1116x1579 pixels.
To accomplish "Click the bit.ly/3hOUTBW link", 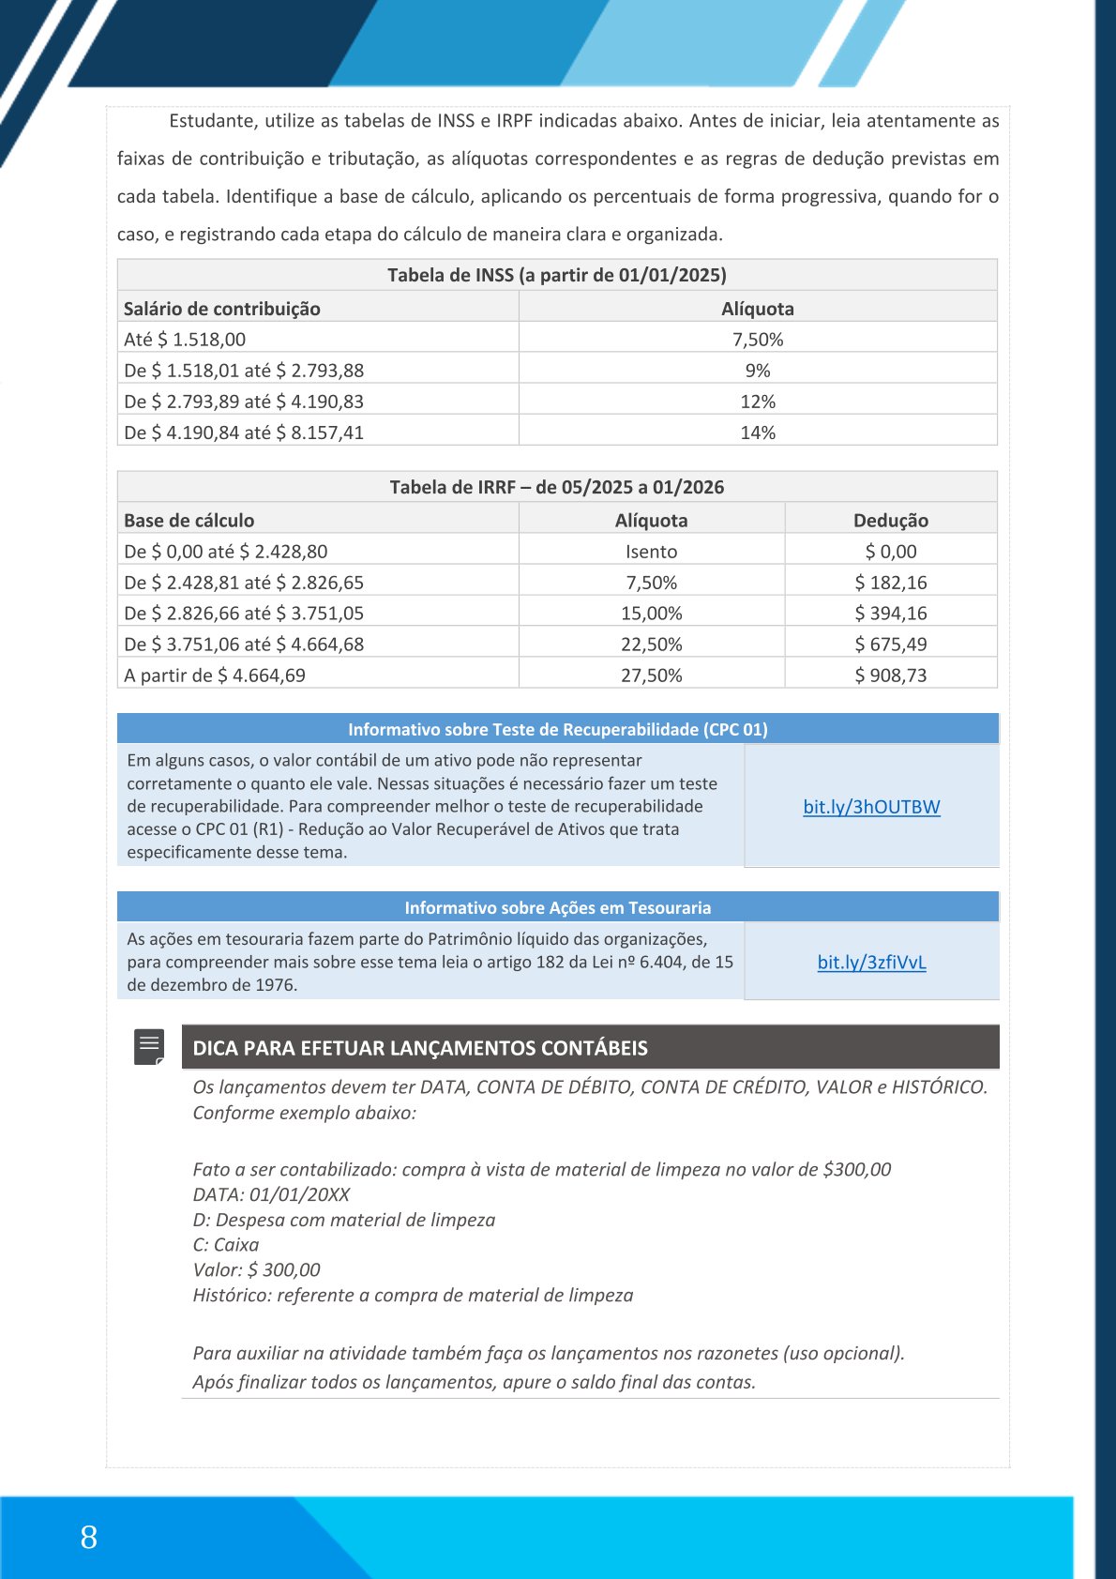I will click(871, 807).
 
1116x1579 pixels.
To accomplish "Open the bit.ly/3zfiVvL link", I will click(871, 962).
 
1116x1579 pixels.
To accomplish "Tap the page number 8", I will click(89, 1537).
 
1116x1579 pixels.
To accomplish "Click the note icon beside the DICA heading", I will click(149, 1047).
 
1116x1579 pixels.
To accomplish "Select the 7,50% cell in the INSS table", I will click(757, 340).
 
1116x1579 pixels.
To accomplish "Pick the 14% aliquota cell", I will click(757, 433).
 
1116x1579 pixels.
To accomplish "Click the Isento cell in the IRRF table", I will click(651, 552).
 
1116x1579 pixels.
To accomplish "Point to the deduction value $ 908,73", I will click(890, 676).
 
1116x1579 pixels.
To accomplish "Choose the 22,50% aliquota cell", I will click(651, 645).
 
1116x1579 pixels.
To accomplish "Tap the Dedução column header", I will click(890, 521).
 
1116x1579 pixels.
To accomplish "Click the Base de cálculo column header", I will click(189, 521).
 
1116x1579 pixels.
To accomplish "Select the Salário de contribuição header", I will click(222, 309).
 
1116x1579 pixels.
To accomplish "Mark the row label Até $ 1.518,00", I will click(185, 340).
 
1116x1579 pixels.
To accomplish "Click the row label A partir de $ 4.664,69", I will click(215, 676).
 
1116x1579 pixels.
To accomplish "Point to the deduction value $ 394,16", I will click(890, 614).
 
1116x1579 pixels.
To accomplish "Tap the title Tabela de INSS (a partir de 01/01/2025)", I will click(557, 275).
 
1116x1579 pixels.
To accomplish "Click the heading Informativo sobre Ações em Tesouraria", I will click(557, 907).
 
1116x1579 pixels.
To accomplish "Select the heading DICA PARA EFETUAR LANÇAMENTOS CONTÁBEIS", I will click(420, 1048).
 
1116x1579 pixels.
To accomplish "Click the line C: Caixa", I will click(226, 1245).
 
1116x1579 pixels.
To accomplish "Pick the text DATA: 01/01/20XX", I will click(271, 1194).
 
